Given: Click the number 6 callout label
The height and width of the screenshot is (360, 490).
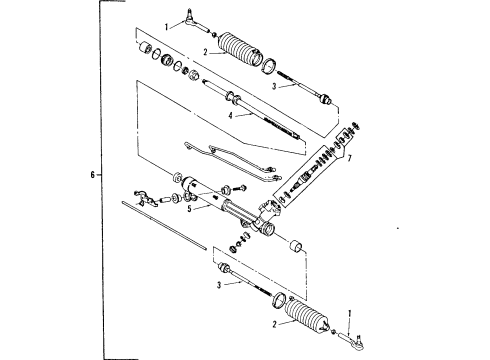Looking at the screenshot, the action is click(91, 175).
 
